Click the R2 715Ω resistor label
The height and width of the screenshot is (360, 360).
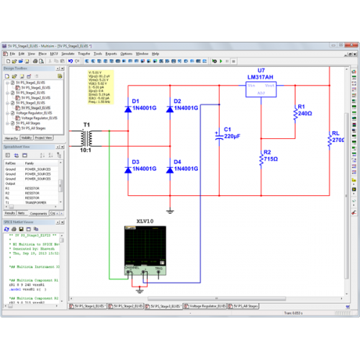(270, 157)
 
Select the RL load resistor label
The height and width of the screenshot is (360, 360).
(337, 137)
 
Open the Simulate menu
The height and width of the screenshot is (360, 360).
(68, 54)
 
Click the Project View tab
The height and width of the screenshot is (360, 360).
(44, 137)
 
